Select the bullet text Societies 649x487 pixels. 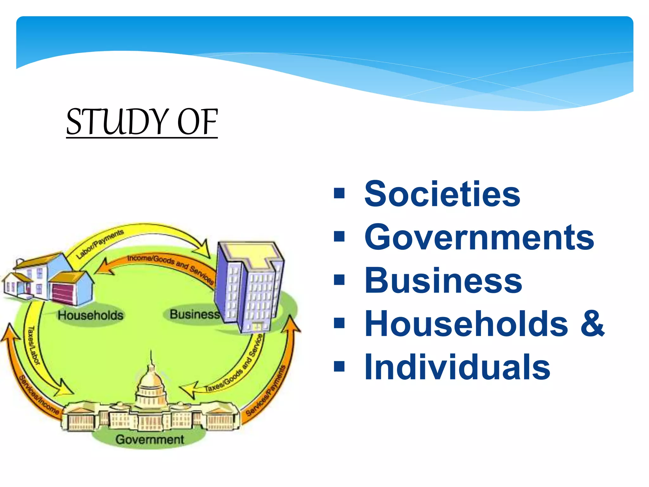click(442, 194)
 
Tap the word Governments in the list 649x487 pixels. click(479, 237)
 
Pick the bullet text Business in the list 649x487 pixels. click(443, 281)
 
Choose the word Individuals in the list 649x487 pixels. click(457, 367)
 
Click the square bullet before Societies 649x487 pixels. click(339, 193)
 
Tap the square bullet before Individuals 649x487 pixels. click(339, 367)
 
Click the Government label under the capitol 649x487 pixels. click(150, 439)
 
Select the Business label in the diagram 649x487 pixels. click(194, 314)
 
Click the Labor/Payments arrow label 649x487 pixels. click(100, 244)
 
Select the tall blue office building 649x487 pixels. click(249, 285)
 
